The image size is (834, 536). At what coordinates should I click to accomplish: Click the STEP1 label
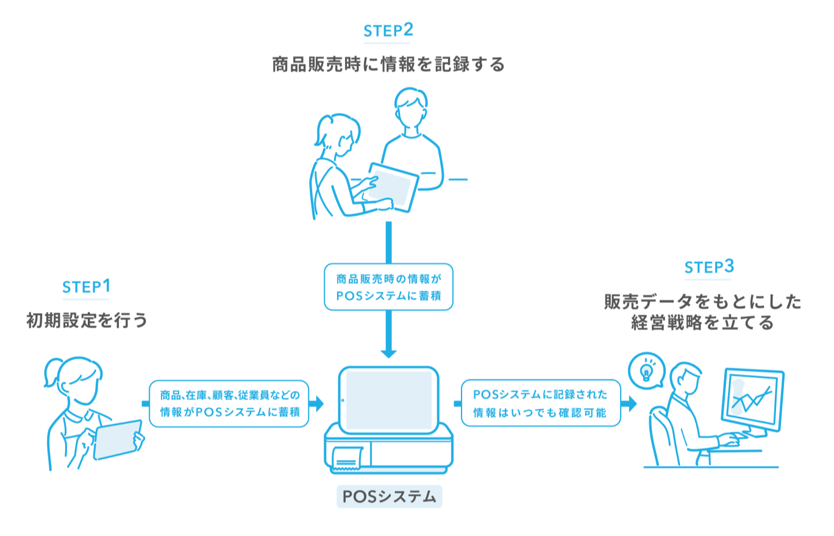click(x=86, y=287)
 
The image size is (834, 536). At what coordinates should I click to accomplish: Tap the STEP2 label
click(x=388, y=31)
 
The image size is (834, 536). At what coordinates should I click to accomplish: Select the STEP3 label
click(x=709, y=267)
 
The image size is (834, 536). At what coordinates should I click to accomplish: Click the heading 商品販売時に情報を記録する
click(x=388, y=65)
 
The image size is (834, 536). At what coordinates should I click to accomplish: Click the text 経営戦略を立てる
click(x=702, y=322)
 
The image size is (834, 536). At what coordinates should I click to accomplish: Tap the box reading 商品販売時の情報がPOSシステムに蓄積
click(x=388, y=287)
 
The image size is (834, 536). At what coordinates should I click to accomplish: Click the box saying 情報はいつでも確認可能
click(x=540, y=403)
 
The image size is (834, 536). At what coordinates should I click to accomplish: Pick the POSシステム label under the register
click(x=389, y=497)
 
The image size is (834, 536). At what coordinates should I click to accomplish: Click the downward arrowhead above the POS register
click(x=388, y=353)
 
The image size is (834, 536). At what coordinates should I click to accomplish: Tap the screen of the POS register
click(x=389, y=397)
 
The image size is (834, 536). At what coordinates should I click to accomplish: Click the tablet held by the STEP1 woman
click(x=118, y=440)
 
